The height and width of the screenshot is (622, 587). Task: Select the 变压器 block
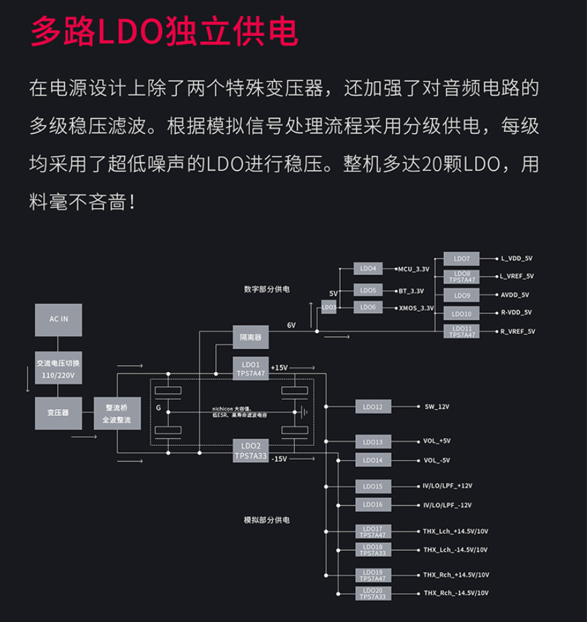point(58,412)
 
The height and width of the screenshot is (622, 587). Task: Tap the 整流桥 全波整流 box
point(117,414)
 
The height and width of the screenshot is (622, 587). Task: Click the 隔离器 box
point(250,337)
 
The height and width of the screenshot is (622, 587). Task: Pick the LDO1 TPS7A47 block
point(250,369)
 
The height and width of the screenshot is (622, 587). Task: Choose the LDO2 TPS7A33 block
point(250,451)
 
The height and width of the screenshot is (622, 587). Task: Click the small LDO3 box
point(329,307)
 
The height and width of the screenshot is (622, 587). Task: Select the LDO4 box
point(369,269)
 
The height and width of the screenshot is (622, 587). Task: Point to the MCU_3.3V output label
point(413,269)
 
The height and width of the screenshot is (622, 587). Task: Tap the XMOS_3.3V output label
point(416,308)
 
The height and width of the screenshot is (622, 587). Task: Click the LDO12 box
point(373,407)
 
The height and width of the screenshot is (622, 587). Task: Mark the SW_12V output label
point(437,407)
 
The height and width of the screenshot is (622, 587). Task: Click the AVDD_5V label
point(514,295)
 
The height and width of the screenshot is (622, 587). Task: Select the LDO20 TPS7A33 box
point(373,594)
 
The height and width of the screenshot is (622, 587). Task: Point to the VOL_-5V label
point(437,460)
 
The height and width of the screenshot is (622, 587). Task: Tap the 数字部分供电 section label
point(266,289)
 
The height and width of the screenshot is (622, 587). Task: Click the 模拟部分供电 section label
point(266,520)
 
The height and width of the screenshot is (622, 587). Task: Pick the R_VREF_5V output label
point(517,331)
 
